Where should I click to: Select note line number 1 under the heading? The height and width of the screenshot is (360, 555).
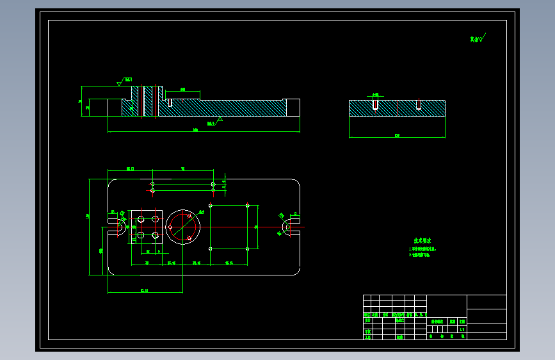coord(424,249)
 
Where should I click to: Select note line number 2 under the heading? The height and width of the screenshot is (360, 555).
coord(421,255)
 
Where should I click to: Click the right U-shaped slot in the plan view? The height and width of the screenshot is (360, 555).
coord(287,227)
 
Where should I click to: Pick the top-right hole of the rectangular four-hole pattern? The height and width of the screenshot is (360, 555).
coord(247,206)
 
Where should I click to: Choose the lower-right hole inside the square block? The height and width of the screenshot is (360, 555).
coord(155,235)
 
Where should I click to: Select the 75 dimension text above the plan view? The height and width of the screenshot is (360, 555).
coord(182,169)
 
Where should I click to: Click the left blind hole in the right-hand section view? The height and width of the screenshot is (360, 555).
coord(376,104)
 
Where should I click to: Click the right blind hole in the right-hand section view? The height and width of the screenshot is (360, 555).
coord(418,104)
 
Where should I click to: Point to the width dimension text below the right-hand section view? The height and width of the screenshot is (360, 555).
coord(397,135)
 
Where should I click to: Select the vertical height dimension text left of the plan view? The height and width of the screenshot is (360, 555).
coord(88,216)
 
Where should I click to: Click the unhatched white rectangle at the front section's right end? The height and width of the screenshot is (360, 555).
coord(293,107)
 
